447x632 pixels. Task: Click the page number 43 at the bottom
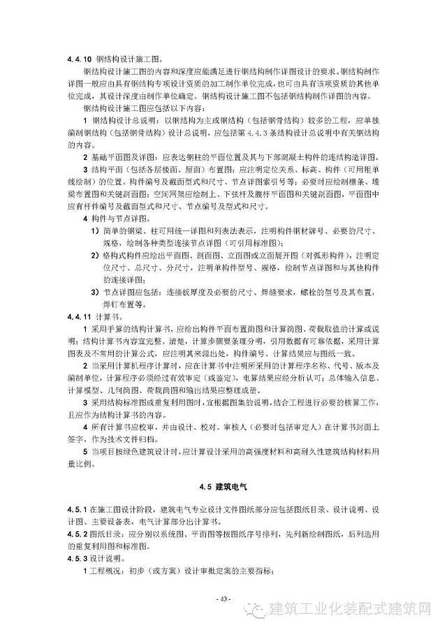[223, 599]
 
